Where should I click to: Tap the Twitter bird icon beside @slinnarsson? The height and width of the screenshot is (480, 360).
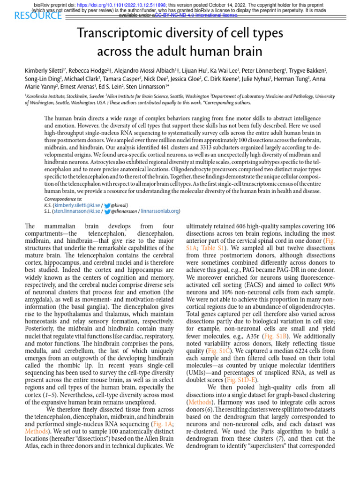[107, 211]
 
